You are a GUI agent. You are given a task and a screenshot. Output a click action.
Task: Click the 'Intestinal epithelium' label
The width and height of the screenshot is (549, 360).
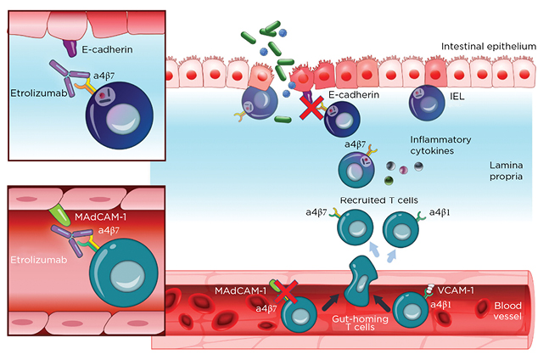(490, 46)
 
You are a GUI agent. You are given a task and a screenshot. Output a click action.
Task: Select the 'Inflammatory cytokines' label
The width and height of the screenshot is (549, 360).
(441, 145)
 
